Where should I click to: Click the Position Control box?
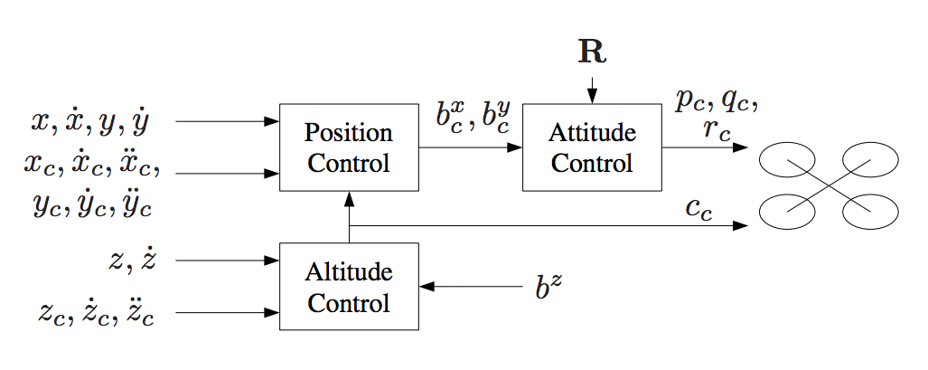click(349, 147)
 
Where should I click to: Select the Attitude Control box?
click(592, 147)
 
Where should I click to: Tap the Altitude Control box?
click(349, 286)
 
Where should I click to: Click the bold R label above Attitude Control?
click(592, 52)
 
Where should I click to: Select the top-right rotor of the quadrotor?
click(870, 163)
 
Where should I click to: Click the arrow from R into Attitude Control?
click(592, 90)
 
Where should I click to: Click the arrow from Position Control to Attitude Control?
click(471, 147)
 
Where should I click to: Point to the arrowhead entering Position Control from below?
click(349, 198)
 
